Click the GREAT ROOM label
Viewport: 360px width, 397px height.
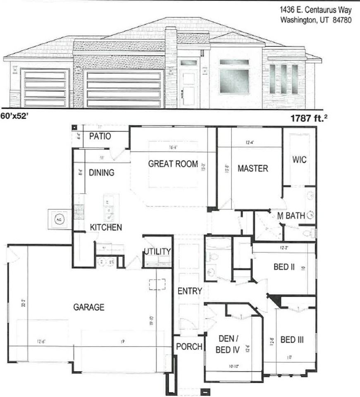tap(173, 163)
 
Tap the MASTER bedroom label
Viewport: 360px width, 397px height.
tap(253, 168)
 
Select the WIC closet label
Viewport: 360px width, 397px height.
tap(299, 160)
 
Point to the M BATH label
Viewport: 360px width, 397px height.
tap(291, 215)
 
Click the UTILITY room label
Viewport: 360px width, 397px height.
tap(157, 251)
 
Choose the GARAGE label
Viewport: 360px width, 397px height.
tap(88, 307)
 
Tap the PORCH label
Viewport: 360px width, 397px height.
tap(189, 347)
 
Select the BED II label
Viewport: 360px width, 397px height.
tap(284, 267)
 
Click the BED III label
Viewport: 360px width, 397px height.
tap(292, 340)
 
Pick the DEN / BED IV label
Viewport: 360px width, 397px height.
tap(228, 344)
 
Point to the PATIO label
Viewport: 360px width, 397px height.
tap(100, 136)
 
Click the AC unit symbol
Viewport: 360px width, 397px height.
tap(58, 220)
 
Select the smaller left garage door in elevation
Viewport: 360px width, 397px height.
tap(45, 88)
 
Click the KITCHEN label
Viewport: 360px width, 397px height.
tap(106, 227)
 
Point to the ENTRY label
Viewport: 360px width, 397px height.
tap(190, 291)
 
